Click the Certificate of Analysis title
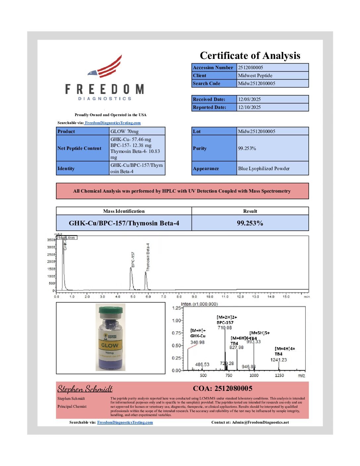(x=250, y=56)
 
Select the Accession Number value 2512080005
(x=250, y=68)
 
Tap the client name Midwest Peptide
(x=255, y=75)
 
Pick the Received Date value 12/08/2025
(x=249, y=99)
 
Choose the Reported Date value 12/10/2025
(x=249, y=107)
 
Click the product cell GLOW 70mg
(x=124, y=131)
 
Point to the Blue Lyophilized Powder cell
(x=264, y=168)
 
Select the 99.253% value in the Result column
(x=250, y=223)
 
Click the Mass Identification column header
(x=124, y=211)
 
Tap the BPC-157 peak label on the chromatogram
(x=133, y=259)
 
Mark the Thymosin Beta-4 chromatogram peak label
(x=148, y=257)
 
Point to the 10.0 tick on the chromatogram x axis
(x=209, y=297)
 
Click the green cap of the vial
(x=111, y=311)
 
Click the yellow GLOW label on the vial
(x=110, y=345)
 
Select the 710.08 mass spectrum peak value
(x=225, y=328)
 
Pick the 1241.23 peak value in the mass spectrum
(x=278, y=360)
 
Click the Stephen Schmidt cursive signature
(x=85, y=389)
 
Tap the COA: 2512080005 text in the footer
(x=222, y=389)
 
